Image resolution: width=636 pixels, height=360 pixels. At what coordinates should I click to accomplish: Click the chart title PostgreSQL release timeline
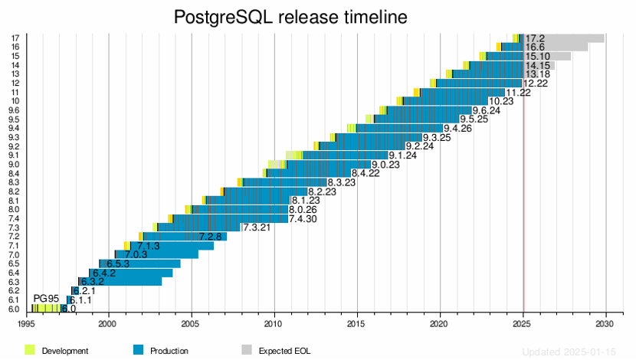[290, 17]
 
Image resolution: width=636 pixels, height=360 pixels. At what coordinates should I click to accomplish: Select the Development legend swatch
[31, 350]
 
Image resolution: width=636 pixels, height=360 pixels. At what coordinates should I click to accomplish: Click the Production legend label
[169, 351]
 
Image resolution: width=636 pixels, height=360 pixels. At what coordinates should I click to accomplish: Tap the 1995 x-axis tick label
[26, 322]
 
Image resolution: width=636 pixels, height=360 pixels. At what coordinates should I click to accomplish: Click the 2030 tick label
[605, 322]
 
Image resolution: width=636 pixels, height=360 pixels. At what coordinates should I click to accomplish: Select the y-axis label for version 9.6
[15, 110]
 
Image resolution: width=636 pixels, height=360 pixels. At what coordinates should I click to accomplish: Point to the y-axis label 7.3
[15, 227]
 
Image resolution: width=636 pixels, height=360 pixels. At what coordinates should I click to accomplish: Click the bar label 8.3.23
[342, 182]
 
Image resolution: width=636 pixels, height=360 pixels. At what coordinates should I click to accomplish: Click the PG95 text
[46, 298]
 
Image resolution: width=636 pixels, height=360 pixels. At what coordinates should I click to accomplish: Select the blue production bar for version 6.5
[142, 263]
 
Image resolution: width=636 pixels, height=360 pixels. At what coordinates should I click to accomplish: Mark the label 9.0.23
[385, 165]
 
